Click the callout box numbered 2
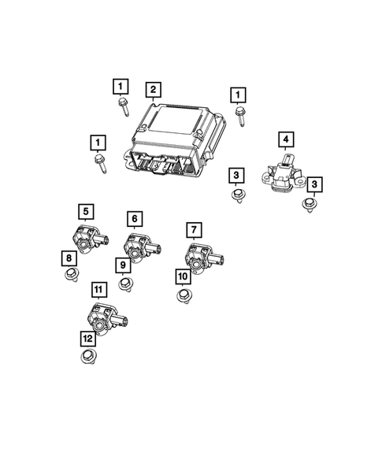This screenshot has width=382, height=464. pyautogui.click(x=153, y=89)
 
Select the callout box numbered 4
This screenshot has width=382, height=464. pyautogui.click(x=286, y=140)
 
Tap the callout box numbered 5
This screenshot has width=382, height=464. pyautogui.click(x=85, y=210)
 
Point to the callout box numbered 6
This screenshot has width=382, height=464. pyautogui.click(x=135, y=218)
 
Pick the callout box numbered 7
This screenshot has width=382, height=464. pyautogui.click(x=193, y=229)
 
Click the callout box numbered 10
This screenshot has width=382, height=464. pyautogui.click(x=182, y=276)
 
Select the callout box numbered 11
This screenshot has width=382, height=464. pyautogui.click(x=98, y=290)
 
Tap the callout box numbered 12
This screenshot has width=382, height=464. pyautogui.click(x=87, y=338)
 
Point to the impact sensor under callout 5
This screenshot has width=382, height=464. pyautogui.click(x=84, y=236)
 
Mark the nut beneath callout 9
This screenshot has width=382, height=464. pyautogui.click(x=124, y=284)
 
